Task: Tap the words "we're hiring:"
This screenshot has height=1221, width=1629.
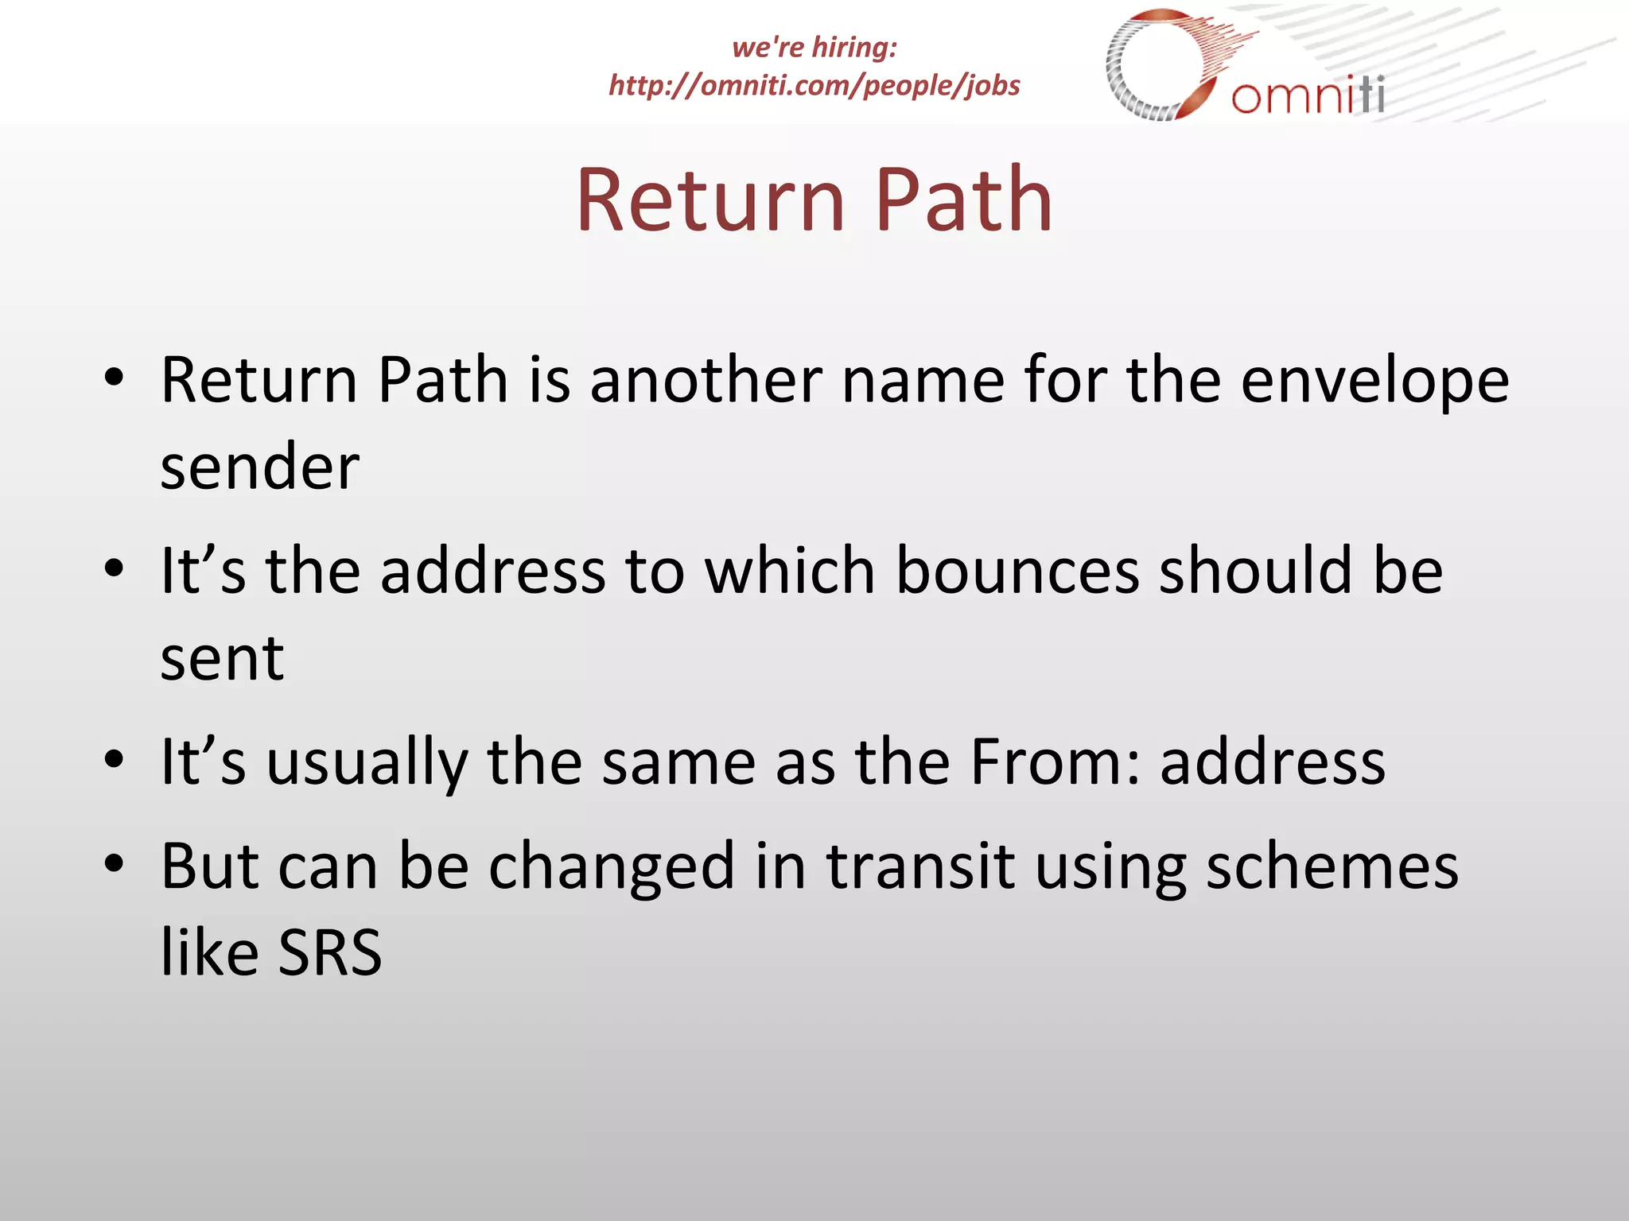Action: [814, 48]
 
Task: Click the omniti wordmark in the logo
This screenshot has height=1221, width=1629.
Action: [1308, 96]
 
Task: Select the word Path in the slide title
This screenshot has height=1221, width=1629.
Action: [964, 200]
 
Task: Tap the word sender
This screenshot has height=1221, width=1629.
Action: [259, 467]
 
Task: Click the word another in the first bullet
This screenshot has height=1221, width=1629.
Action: [706, 380]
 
